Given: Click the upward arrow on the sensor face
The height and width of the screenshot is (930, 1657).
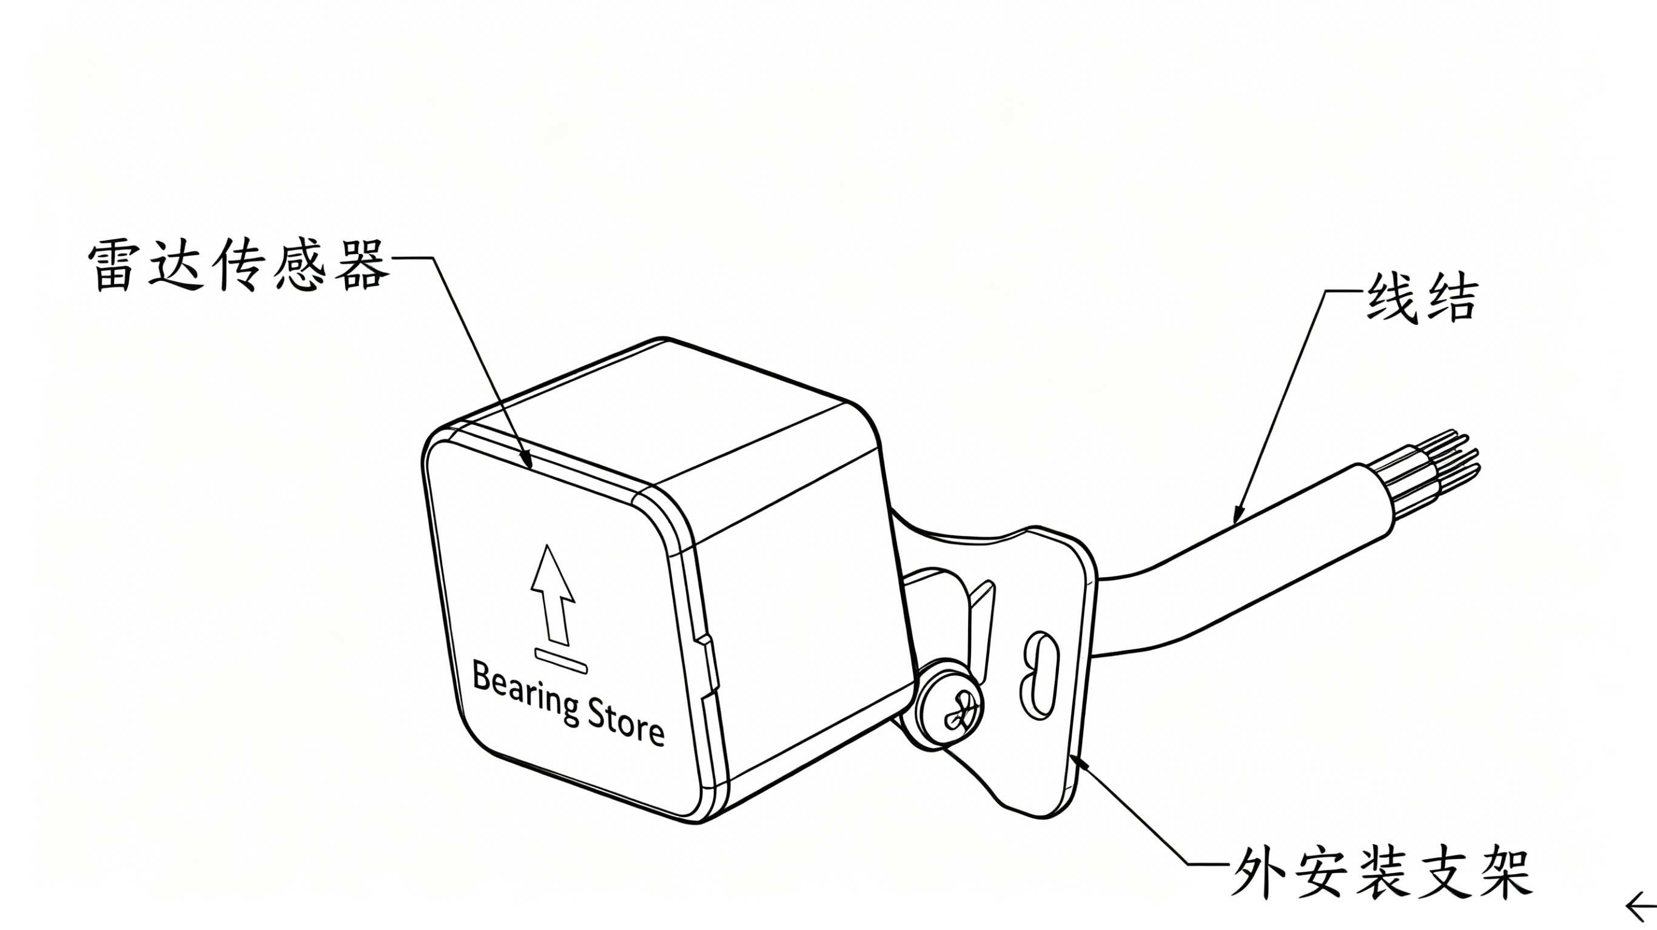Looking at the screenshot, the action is (x=552, y=595).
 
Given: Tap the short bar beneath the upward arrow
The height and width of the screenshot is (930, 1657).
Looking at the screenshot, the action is (x=560, y=661).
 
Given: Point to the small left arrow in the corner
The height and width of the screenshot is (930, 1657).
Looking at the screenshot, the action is (x=1643, y=908).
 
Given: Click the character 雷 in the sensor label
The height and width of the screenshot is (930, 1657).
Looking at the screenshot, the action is (x=113, y=266).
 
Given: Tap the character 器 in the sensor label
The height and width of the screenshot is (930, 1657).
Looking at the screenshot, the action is (x=364, y=266).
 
